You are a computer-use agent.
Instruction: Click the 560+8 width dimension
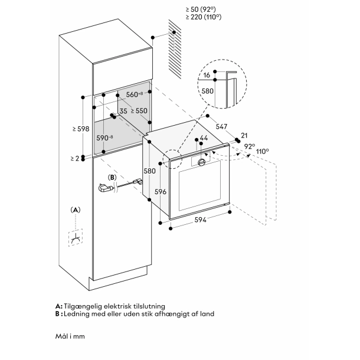point(133,94)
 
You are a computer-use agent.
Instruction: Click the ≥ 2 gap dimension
point(73,158)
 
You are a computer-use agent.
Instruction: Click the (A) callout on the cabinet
point(75,210)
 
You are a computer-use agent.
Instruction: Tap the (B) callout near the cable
point(112,177)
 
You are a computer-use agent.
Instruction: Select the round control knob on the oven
point(203,163)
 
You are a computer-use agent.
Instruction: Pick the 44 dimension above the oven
point(204,138)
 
